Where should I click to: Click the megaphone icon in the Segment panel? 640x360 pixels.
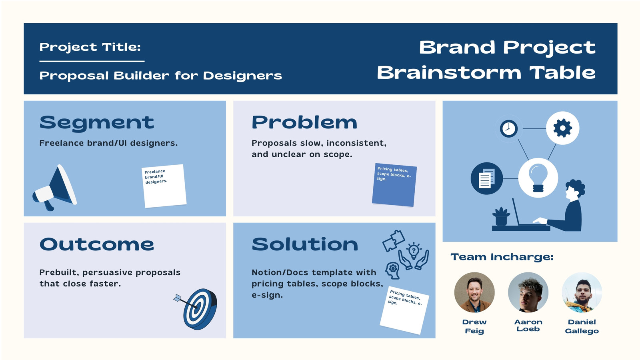point(54,188)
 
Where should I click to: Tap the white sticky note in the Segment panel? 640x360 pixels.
point(164,186)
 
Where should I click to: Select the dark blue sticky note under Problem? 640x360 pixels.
point(394,184)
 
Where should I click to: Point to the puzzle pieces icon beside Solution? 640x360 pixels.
point(394,241)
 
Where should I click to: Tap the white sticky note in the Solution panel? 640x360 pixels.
point(404,310)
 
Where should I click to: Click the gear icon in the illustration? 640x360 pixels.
point(562,128)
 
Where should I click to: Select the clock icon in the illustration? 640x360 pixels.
point(508,128)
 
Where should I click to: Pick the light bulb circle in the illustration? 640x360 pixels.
point(538,178)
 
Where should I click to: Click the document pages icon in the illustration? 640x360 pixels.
point(486,178)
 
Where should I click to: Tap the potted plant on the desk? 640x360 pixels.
point(501,216)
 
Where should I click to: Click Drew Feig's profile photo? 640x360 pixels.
point(474,292)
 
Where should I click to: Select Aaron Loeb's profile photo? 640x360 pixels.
point(528,292)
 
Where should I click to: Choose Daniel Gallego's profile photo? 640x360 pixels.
point(582,292)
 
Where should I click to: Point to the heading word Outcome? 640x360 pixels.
point(96,244)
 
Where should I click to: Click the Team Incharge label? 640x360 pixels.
point(502,257)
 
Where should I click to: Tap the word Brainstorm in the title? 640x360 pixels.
point(449,73)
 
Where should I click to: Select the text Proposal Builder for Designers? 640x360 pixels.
point(160,76)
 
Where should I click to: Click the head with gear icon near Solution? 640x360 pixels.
point(392,270)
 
